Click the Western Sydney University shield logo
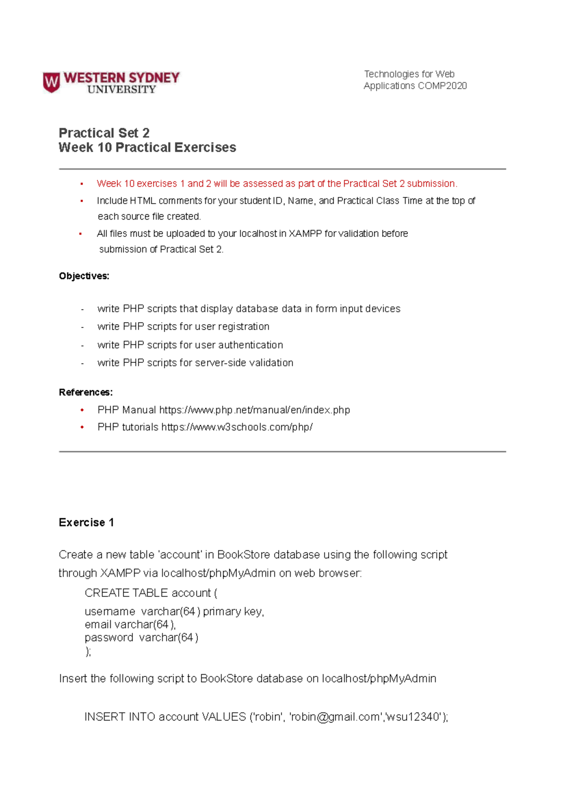point(51,82)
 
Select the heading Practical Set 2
point(104,133)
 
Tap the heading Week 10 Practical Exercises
point(147,147)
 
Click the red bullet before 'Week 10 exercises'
point(81,184)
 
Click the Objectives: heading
point(84,276)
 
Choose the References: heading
point(85,392)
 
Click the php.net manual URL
point(254,410)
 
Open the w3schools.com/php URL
point(237,427)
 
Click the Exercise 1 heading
point(86,522)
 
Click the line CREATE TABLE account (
point(151,593)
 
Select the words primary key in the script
point(233,612)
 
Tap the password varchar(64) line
point(141,637)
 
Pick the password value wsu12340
point(414,717)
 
